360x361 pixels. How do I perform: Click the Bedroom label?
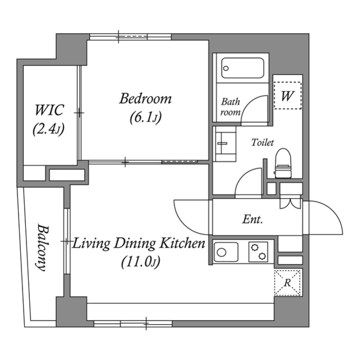coord(145,99)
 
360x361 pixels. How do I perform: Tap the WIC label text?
coord(49,109)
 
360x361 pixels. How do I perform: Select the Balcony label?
coord(41,247)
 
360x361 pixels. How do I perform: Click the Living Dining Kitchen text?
coord(139,244)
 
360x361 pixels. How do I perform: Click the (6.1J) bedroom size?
coord(145,118)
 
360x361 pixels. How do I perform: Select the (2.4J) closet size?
coord(48,129)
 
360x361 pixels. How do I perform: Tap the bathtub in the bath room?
coord(243,68)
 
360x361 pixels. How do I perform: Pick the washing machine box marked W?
coord(287,96)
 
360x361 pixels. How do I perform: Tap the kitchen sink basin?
coord(226,251)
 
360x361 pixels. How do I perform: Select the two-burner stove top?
coord(259,251)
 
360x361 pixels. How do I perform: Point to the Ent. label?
coord(253,219)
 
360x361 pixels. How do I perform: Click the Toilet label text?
coord(262,143)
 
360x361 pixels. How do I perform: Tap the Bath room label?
coord(230,107)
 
